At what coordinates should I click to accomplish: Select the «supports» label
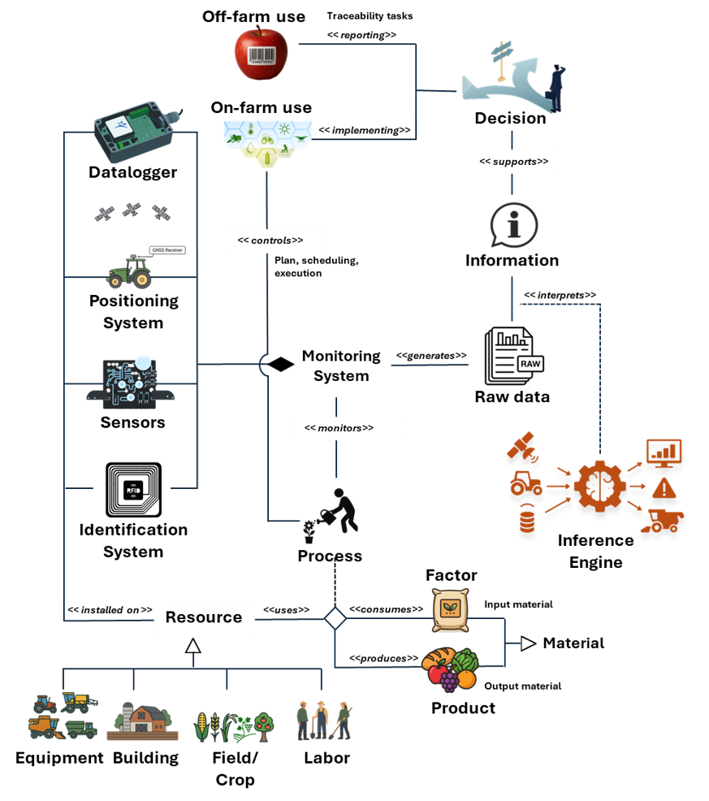click(514, 162)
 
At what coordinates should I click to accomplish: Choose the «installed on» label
click(110, 610)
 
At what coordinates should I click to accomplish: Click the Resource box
click(204, 617)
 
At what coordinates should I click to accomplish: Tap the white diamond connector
click(335, 619)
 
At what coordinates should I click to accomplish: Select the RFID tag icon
click(132, 487)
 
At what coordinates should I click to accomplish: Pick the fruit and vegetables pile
click(450, 668)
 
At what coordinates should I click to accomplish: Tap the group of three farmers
click(324, 720)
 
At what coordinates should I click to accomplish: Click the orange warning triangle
click(664, 488)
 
